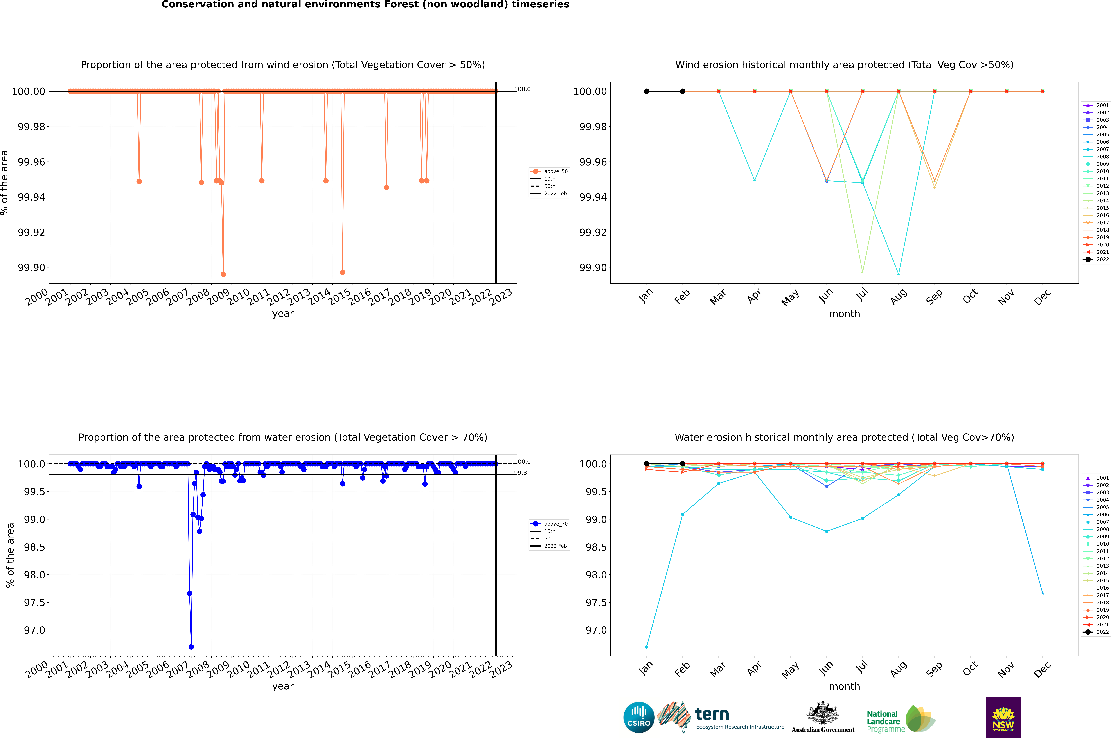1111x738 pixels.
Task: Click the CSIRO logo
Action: tap(639, 717)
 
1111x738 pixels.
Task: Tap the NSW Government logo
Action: tap(1003, 717)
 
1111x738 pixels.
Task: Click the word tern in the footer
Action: tap(712, 715)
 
